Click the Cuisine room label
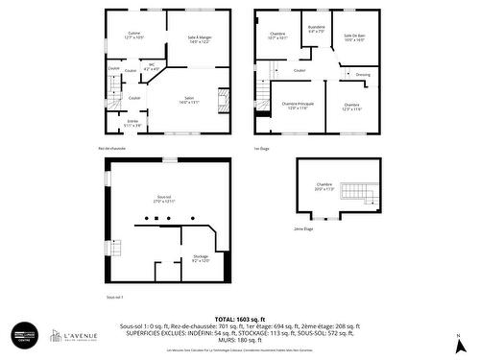[134, 36]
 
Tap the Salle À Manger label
[200, 39]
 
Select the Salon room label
[189, 100]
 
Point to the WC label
[152, 69]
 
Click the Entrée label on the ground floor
[132, 124]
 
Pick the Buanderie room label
[316, 29]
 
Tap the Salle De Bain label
[355, 36]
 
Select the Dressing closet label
[363, 74]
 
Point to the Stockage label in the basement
[201, 258]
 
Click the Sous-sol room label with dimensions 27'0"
[164, 199]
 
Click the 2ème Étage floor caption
[303, 229]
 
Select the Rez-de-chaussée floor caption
[111, 148]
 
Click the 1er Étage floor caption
[262, 148]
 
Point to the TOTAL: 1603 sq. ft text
[239, 318]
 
